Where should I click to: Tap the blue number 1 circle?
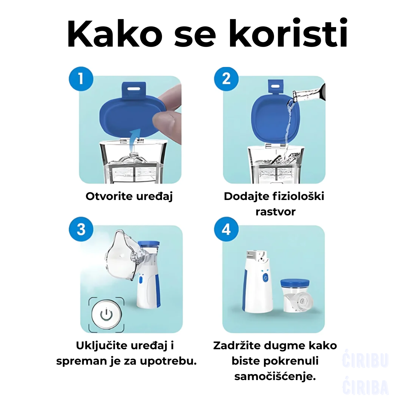tap(81, 79)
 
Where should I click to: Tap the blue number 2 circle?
tap(226, 79)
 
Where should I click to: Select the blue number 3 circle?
tap(81, 229)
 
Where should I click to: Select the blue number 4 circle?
tap(226, 229)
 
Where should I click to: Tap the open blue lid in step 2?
tap(274, 117)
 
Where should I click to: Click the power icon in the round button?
tap(106, 314)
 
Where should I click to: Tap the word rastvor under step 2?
tap(275, 212)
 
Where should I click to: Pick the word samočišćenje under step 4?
tap(274, 377)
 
